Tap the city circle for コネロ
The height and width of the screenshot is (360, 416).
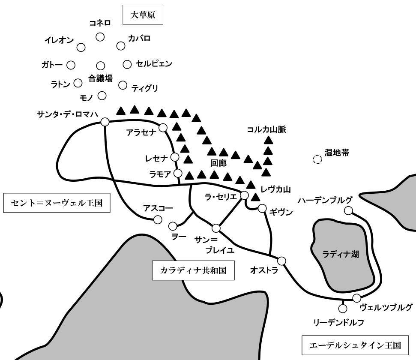100,37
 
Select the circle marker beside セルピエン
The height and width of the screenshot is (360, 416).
127,64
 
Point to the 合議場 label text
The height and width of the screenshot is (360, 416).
101,78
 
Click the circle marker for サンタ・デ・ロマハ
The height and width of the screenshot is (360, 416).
105,122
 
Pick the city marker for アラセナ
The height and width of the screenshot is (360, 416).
163,127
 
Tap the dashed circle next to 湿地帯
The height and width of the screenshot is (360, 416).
317,159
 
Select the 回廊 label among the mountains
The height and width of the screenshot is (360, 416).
218,163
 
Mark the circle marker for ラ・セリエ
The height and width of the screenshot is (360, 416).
244,195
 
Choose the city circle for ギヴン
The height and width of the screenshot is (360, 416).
262,208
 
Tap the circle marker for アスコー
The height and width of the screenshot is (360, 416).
158,220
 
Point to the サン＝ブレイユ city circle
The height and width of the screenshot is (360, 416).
216,228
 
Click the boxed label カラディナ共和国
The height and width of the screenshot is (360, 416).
193,270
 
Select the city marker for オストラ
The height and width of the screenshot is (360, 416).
281,261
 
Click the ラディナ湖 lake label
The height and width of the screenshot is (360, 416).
341,254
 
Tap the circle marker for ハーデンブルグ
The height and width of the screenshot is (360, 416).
349,210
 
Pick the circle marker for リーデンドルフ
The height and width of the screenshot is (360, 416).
342,308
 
